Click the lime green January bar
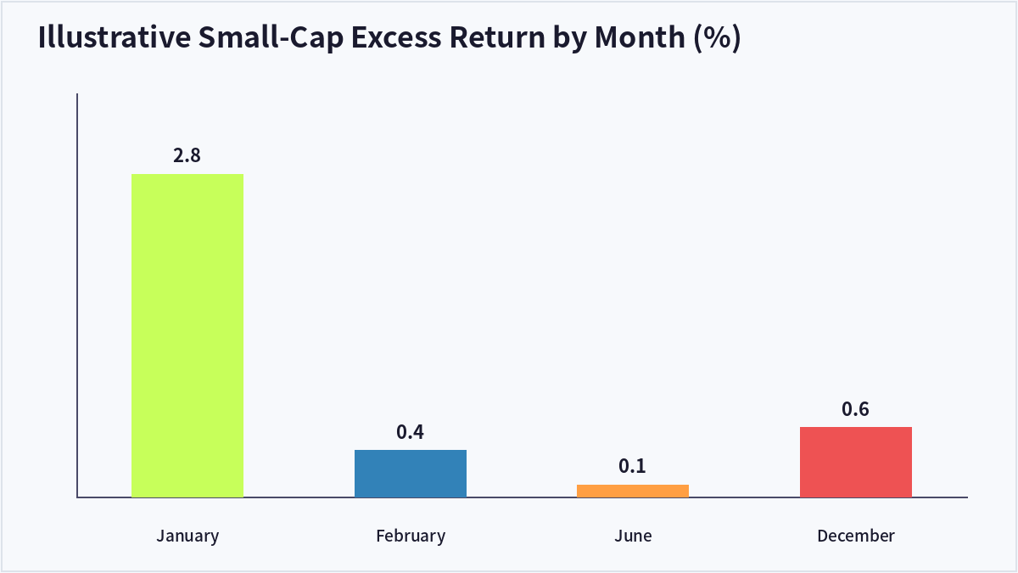(187, 335)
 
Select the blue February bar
(411, 474)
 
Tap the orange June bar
(633, 492)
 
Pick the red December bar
(856, 462)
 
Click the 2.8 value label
(187, 155)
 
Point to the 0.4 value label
(410, 432)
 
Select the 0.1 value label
(632, 466)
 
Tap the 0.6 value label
(855, 409)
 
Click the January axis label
(187, 536)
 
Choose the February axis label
(411, 536)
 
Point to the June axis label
(633, 536)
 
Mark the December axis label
(856, 536)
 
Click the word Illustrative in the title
(114, 37)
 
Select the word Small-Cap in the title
(271, 37)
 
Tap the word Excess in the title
(396, 37)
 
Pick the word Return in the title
(497, 37)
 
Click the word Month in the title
(640, 37)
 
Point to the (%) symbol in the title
(717, 37)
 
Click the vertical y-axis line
(77, 295)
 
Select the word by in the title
(570, 38)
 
